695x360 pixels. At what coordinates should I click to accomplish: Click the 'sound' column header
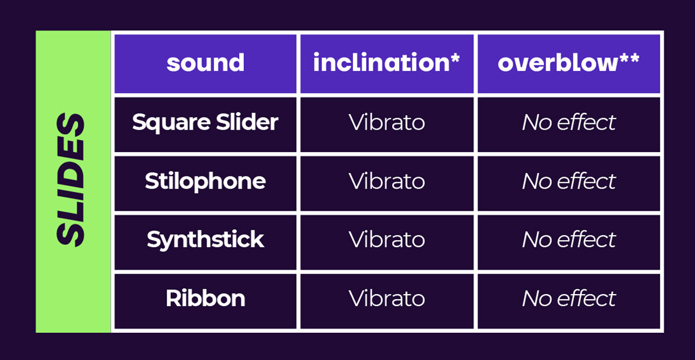[206, 63]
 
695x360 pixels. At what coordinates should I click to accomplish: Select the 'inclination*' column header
[386, 63]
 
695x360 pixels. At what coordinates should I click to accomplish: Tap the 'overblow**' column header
[568, 63]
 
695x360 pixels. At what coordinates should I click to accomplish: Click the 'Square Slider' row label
[205, 123]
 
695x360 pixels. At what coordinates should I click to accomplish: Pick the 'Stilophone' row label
[206, 182]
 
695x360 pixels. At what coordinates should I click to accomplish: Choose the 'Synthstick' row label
[206, 240]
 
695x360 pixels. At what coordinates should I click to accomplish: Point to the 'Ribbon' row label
[206, 299]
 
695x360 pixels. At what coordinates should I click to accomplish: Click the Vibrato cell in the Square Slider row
[387, 122]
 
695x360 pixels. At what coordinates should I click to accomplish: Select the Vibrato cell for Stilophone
[387, 181]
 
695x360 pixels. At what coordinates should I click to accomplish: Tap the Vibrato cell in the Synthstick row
[387, 240]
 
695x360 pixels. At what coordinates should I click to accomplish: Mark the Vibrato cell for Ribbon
[387, 298]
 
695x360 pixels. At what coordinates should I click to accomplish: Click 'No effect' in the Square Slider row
[569, 122]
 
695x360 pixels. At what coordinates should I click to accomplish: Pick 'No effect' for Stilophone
[569, 181]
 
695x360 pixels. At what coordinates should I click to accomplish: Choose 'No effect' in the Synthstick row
[569, 240]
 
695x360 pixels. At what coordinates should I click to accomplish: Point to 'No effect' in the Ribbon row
[569, 298]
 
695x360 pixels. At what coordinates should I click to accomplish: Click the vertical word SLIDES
[71, 180]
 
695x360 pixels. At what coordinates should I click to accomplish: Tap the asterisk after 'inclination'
[455, 57]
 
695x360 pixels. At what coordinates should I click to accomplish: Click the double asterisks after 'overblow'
[629, 57]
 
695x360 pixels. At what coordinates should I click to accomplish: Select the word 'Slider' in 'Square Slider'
[247, 122]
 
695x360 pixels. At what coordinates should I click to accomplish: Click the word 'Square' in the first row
[171, 123]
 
